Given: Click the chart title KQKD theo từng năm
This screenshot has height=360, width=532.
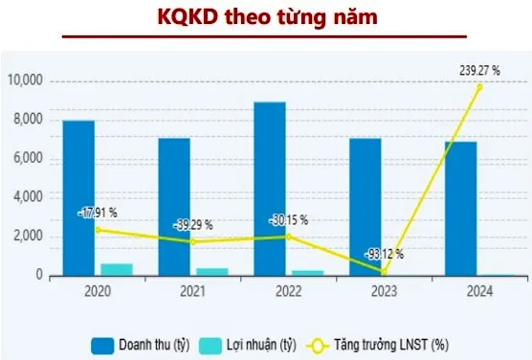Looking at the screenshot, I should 265,17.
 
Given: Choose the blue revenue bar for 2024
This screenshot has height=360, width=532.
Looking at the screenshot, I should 461,208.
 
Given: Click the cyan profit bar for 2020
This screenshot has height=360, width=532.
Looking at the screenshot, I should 117,269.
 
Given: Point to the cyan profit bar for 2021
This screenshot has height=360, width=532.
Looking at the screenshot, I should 211,272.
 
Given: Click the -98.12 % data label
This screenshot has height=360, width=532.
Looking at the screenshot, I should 384,255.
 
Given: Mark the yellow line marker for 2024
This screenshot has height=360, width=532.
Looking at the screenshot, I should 478,86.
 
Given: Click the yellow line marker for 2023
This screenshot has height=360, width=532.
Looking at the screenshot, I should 384,273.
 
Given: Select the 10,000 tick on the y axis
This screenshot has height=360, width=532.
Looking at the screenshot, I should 26,80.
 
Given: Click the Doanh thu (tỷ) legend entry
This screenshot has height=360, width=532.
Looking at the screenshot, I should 143,341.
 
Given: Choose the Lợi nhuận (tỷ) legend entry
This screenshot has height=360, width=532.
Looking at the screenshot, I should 255,341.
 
